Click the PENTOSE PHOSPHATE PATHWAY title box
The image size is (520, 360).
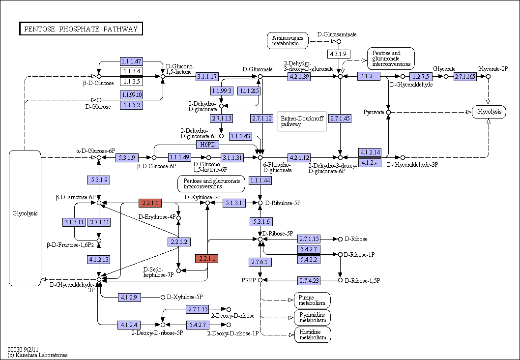point(81,29)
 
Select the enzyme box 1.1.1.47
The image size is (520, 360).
point(131,61)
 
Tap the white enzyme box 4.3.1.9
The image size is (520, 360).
point(339,54)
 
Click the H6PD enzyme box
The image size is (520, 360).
point(207,145)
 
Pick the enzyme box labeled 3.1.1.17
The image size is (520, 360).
point(207,77)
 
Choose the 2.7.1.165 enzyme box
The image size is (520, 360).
point(465,77)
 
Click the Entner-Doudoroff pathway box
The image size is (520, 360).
point(302,121)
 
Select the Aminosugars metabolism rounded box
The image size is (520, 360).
point(288,40)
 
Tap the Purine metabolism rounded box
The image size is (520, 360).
point(312,300)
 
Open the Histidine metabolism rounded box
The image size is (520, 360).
point(313,335)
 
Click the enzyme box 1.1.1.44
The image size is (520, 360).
point(260,180)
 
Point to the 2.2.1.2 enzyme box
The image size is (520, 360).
point(179,242)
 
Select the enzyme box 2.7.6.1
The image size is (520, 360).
point(260,262)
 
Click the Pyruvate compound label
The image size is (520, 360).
point(374,112)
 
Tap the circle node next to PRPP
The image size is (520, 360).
point(260,280)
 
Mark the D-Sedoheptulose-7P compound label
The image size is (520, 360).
point(159,272)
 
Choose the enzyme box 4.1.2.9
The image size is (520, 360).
point(129,298)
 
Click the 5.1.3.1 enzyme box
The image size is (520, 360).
point(234,203)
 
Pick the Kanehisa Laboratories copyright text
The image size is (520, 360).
point(37,355)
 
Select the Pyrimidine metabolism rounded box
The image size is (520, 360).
point(313,318)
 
